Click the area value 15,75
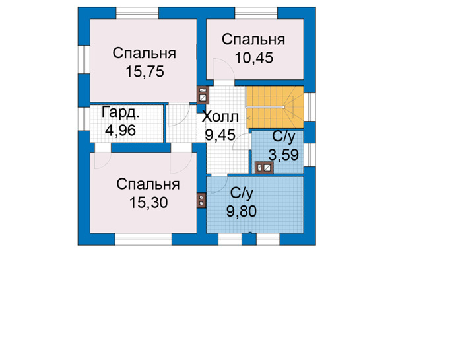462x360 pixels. [145, 71]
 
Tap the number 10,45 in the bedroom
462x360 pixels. [254, 57]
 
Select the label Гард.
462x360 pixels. [120, 113]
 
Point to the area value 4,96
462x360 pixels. [120, 130]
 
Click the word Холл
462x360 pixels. [220, 117]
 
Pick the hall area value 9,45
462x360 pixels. [220, 135]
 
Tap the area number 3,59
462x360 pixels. [283, 155]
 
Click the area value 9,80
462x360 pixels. [242, 211]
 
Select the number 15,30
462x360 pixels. [148, 203]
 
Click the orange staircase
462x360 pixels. [275, 107]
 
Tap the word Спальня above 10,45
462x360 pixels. [253, 40]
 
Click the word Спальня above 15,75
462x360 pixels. [145, 54]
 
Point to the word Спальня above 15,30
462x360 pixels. [148, 184]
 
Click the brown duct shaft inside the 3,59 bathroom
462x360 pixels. [264, 168]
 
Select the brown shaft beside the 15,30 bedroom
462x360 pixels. [201, 201]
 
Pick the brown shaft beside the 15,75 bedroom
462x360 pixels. [203, 95]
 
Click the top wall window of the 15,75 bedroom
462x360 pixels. [137, 13]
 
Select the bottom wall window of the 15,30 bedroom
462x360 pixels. [143, 239]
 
